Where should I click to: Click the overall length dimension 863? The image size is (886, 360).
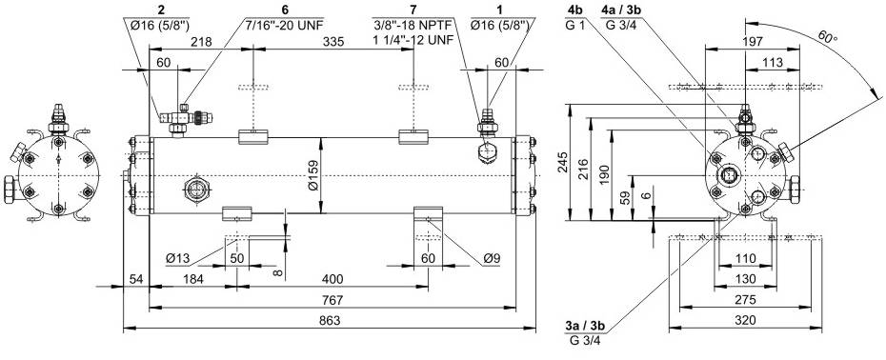click(x=330, y=320)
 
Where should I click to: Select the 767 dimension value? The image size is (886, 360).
click(x=332, y=300)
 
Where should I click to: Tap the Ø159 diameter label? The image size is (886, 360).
click(x=314, y=175)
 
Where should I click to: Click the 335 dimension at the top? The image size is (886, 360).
click(x=332, y=42)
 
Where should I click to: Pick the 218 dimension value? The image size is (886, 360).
click(x=201, y=42)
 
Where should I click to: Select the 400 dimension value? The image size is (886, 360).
click(x=332, y=279)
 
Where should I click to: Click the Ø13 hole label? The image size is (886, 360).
click(x=177, y=258)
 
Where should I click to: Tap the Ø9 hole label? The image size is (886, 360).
click(x=493, y=258)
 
